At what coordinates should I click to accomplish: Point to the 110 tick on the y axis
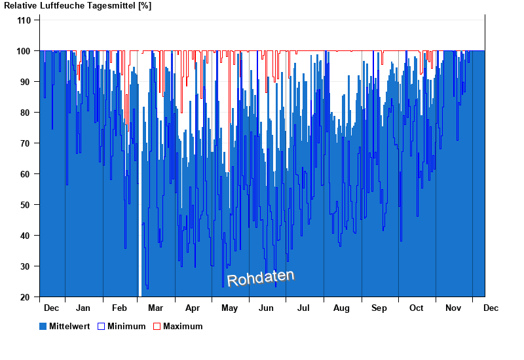24,20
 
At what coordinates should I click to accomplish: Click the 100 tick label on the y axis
24,51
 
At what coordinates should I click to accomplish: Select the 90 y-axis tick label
26,82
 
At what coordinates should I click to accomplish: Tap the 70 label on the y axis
26,143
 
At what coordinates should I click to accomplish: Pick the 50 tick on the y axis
26,205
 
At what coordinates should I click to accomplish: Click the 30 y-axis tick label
26,266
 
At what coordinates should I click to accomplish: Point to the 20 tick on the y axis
26,297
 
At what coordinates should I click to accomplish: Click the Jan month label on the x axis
83,308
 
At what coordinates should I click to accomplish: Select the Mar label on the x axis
156,308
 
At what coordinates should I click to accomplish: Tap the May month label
229,308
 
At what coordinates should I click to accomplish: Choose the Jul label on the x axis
303,308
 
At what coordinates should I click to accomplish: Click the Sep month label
379,308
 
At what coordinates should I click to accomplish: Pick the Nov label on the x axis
454,308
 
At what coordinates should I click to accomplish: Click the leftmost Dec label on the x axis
51,308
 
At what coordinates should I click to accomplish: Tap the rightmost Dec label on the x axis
491,308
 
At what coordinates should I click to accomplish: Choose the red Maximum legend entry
178,326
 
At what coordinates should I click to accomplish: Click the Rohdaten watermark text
261,278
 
